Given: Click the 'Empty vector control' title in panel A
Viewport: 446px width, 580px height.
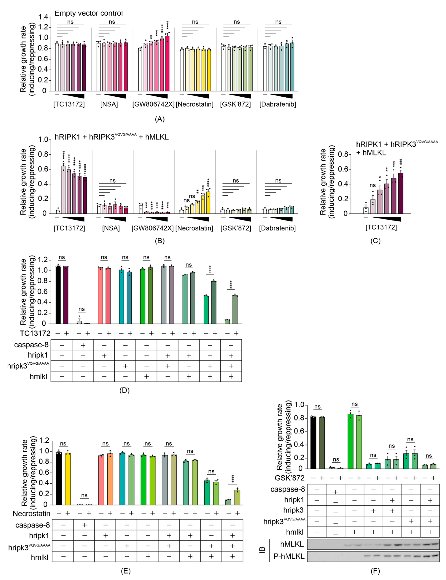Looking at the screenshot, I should (89, 13).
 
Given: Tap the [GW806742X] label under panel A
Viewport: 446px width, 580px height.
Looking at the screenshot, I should (153, 104).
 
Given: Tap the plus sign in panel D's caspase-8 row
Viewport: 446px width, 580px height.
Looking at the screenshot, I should (83, 345).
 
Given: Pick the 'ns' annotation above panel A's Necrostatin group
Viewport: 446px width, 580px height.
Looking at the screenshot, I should (195, 22).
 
